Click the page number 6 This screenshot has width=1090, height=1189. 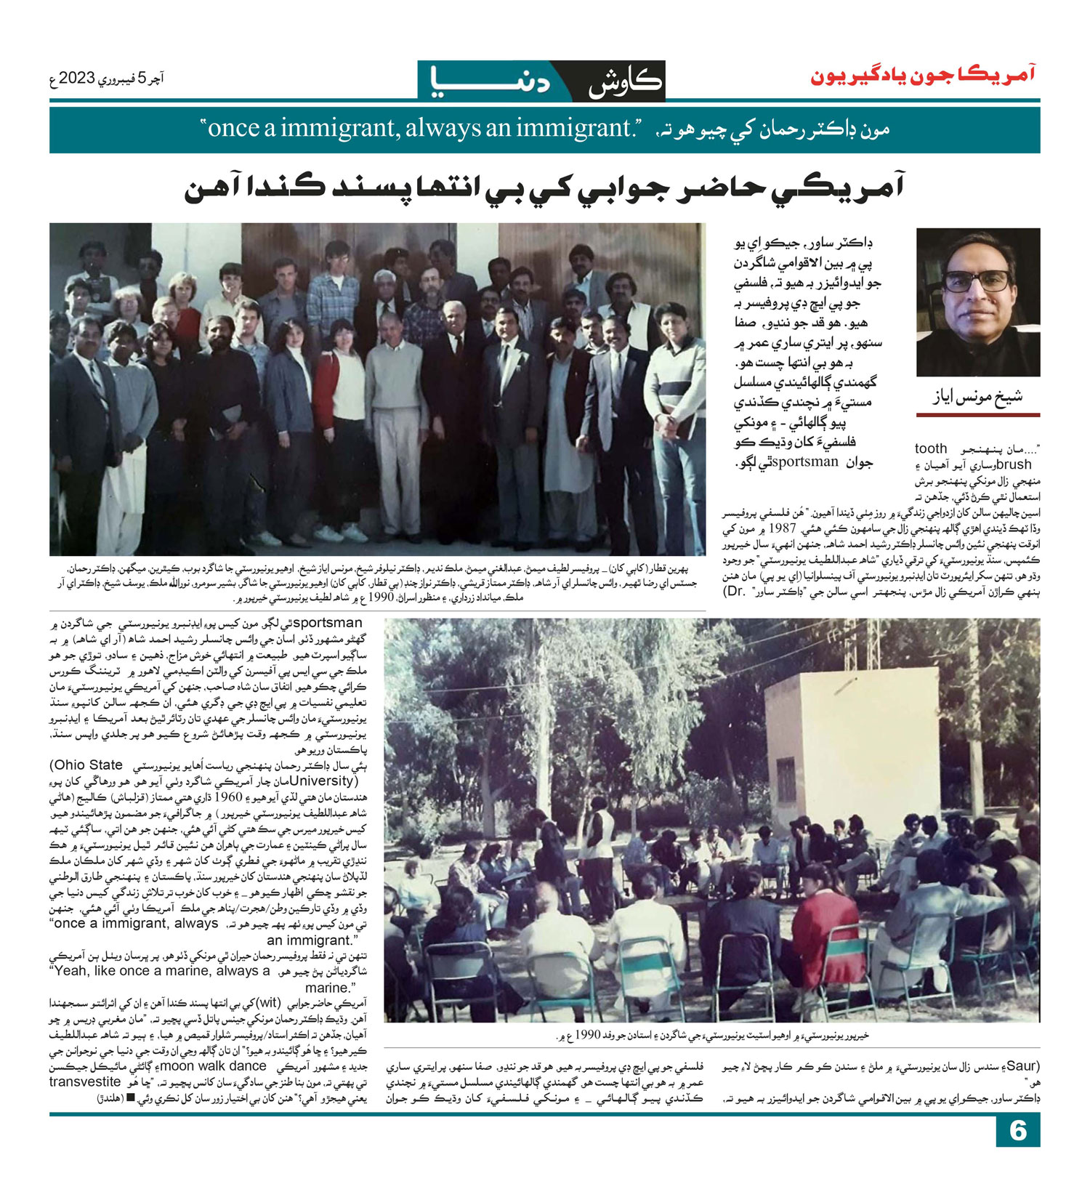coord(1017,1130)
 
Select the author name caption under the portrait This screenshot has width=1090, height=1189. coord(977,397)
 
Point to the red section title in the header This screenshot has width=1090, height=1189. coord(923,77)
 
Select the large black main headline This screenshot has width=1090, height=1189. coord(544,189)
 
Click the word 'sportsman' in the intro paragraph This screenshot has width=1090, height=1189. coord(804,462)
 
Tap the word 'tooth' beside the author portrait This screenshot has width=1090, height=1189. coord(931,448)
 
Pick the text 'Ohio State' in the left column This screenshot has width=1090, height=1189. coord(86,765)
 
